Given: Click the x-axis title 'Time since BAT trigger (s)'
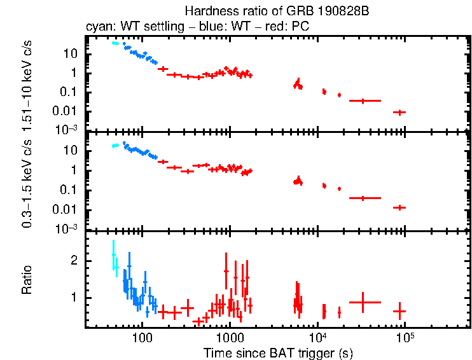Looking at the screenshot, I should [x=278, y=352].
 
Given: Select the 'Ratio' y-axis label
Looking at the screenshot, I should [x=27, y=280].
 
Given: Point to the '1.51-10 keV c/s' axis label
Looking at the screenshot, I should [x=27, y=83].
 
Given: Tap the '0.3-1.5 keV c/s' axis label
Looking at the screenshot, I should [x=27, y=182].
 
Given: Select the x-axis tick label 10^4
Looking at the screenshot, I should [x=317, y=336].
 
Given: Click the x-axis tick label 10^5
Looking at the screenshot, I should [x=404, y=336].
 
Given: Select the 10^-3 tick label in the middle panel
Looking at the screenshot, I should [x=69, y=229].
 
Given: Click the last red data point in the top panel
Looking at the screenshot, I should [x=399, y=112].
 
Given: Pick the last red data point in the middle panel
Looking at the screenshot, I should [x=399, y=207].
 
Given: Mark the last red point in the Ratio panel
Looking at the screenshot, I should [x=399, y=312].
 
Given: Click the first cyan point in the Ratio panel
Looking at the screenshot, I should [x=113, y=254].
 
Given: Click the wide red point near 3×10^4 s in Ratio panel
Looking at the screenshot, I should [x=362, y=302].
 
